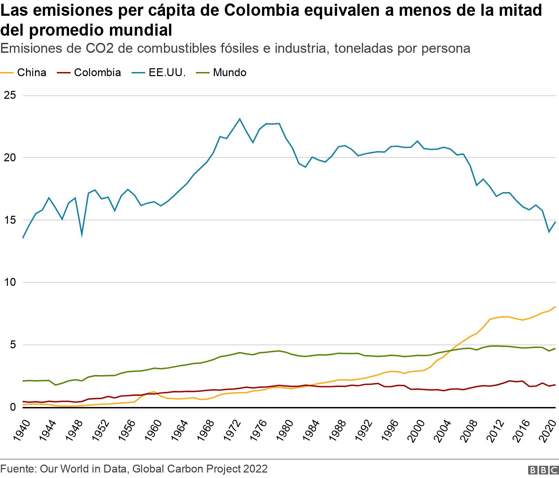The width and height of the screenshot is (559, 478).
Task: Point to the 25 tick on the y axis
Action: tap(10, 95)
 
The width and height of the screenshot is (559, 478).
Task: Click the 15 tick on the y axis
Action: tap(10, 220)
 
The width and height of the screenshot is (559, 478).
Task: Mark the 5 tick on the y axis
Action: tap(13, 345)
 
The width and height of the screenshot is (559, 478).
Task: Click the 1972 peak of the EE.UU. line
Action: tap(240, 119)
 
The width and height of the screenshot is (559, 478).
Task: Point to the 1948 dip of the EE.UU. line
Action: tap(82, 235)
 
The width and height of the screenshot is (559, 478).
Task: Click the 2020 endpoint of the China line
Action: tap(555, 307)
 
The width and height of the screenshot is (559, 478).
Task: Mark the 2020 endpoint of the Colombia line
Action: tap(555, 385)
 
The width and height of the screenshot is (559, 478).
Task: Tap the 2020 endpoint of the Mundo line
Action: tap(555, 348)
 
